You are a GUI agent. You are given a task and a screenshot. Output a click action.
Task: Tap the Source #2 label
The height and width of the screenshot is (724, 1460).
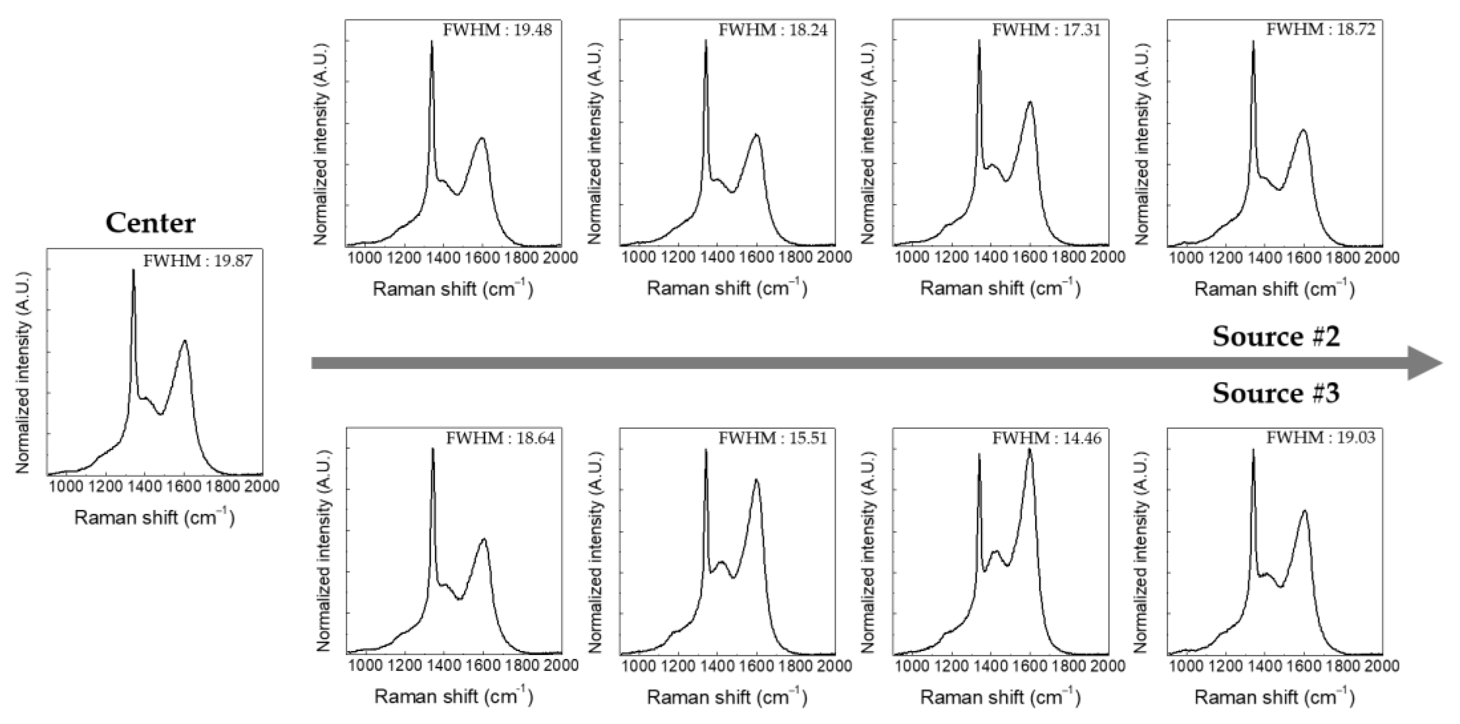(1276, 336)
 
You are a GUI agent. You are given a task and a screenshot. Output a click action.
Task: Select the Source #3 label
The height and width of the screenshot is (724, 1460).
(1276, 393)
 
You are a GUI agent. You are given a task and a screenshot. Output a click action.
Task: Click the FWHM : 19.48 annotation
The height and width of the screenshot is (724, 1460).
(497, 30)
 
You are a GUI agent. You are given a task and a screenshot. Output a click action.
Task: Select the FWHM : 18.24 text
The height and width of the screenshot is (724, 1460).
(772, 30)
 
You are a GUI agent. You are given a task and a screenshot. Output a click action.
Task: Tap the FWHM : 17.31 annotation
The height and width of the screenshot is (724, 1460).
(1046, 30)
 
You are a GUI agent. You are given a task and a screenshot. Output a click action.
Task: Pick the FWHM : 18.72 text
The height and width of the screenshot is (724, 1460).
(1321, 30)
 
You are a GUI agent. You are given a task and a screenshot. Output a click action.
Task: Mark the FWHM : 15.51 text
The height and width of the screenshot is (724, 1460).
(772, 438)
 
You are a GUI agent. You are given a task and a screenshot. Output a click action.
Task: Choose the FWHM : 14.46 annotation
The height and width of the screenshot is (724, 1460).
(1046, 438)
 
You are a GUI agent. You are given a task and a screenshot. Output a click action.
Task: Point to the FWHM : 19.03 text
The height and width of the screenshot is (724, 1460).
(1321, 438)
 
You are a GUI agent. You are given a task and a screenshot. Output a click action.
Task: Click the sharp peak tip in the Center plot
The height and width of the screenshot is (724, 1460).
(134, 270)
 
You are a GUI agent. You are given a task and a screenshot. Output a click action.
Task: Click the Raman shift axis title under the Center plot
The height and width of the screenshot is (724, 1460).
(154, 518)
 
